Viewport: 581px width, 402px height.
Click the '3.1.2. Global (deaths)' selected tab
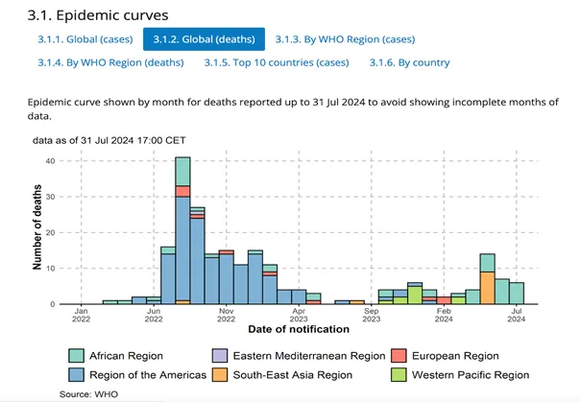point(204,38)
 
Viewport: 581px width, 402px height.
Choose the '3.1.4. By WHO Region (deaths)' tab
point(93,63)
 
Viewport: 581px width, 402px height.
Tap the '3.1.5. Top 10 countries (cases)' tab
point(277,63)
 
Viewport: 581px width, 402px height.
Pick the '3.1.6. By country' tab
point(409,63)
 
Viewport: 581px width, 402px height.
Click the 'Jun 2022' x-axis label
point(154,317)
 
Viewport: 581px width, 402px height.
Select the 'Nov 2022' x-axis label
point(226,317)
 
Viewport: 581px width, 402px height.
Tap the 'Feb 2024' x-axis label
point(444,317)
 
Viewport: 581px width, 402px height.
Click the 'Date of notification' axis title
point(299,330)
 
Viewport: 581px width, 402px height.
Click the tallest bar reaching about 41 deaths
point(182,230)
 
